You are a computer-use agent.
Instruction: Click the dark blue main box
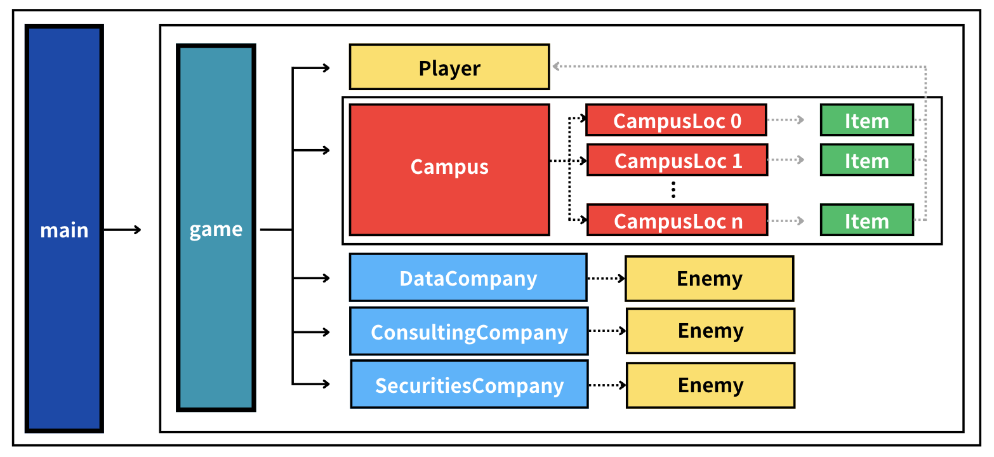[64, 228]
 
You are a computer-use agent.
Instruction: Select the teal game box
[216, 228]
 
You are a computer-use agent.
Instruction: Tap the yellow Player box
[449, 67]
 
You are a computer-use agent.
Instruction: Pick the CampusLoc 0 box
[676, 120]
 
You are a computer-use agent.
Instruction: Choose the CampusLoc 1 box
[677, 159]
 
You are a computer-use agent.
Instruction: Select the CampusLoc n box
[677, 220]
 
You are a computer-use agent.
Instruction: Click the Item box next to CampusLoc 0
[866, 120]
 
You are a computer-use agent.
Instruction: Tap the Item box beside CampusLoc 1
[866, 160]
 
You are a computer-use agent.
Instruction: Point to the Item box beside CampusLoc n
[866, 220]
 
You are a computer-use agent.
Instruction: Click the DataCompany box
[468, 278]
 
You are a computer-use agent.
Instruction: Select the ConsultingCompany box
[468, 331]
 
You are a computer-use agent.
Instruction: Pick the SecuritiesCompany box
[469, 385]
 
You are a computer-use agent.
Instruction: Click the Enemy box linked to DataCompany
[709, 278]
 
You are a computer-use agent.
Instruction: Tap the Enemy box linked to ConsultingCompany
[710, 331]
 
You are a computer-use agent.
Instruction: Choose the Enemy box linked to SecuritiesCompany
[710, 385]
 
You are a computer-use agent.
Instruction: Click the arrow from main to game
[123, 229]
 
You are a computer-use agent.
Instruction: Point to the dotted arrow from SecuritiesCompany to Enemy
[607, 385]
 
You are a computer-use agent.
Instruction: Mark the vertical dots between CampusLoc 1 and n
[674, 189]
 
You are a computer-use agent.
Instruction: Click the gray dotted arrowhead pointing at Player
[557, 65]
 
